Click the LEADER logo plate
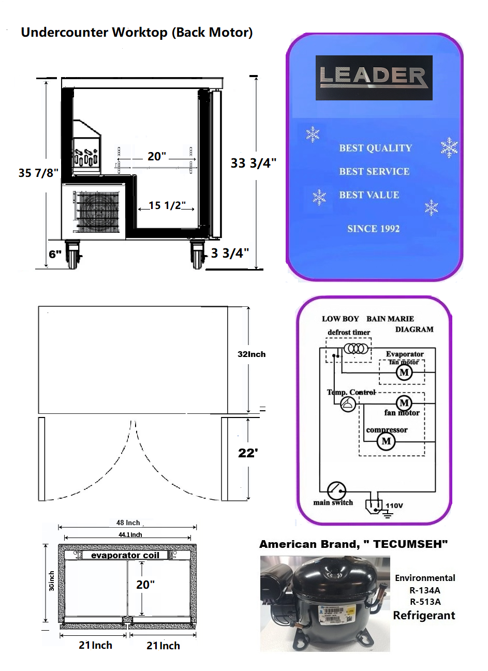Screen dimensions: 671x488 (x=374, y=78)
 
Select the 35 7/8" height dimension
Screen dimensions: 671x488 (x=38, y=173)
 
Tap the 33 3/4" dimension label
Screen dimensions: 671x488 (x=253, y=163)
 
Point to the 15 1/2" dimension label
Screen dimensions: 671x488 (x=167, y=205)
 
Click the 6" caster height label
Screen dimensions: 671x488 (x=55, y=254)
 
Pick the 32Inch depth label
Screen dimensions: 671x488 (x=252, y=354)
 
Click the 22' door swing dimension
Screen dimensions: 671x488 (x=248, y=453)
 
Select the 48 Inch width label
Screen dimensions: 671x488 (x=128, y=523)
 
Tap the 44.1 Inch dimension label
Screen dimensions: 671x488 (x=130, y=535)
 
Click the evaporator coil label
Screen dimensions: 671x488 (x=125, y=556)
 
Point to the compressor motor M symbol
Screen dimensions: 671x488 (x=386, y=441)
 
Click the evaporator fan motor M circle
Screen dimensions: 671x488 (x=404, y=372)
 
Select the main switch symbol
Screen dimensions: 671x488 (x=336, y=490)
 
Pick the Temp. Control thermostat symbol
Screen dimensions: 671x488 (x=348, y=404)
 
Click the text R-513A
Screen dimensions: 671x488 (x=425, y=602)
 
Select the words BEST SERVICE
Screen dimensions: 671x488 (x=374, y=172)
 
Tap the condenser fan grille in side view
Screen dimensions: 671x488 (x=99, y=211)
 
